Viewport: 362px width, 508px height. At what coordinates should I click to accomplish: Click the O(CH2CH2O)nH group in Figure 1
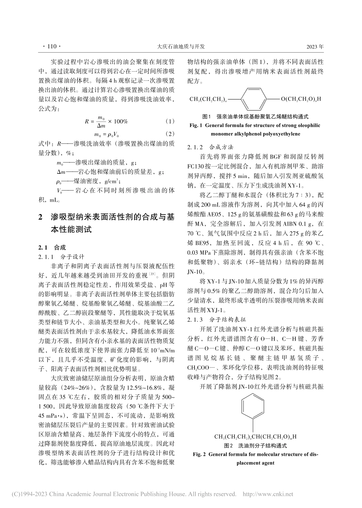coord(301,99)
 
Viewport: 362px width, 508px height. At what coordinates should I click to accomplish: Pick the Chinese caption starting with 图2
coord(255,445)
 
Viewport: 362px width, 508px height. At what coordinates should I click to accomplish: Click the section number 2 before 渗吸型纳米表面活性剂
coord(41,218)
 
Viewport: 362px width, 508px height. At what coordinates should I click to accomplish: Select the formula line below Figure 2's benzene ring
coord(255,436)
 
